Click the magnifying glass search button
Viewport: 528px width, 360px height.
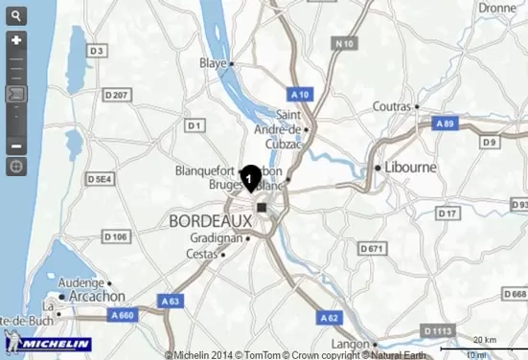pyautogui.click(x=16, y=16)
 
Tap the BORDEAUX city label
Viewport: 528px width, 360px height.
pyautogui.click(x=209, y=220)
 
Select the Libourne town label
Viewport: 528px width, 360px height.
pyautogui.click(x=411, y=167)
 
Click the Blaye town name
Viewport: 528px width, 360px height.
pyautogui.click(x=212, y=63)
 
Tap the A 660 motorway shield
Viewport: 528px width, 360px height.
pyautogui.click(x=122, y=315)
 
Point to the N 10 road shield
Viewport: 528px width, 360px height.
pyautogui.click(x=345, y=43)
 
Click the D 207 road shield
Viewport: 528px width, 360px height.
pyautogui.click(x=116, y=94)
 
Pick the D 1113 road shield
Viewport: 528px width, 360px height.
pyautogui.click(x=437, y=330)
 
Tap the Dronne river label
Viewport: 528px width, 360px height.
pyautogui.click(x=497, y=8)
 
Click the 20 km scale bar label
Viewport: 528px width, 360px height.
pyautogui.click(x=485, y=340)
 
